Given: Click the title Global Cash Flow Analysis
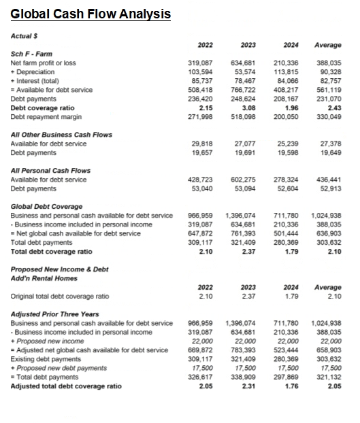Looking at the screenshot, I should tap(91, 14).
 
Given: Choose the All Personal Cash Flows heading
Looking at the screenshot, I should tap(50, 171).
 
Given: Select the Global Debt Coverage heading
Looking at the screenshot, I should tap(47, 207).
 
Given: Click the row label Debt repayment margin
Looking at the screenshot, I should tap(45, 116).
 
